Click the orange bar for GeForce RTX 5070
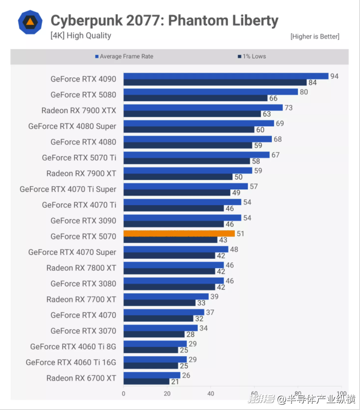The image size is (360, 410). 179,233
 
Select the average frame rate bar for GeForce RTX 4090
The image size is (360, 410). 226,76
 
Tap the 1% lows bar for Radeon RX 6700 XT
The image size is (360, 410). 147,381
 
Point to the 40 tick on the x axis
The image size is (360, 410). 211,394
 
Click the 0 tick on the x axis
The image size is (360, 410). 124,394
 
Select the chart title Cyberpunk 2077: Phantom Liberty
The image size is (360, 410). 164,21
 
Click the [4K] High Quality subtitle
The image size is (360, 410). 81,35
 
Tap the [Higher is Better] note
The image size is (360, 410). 315,37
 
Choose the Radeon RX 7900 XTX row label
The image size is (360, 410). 79,111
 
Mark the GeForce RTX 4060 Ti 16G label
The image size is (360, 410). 71,362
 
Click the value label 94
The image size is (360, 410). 334,76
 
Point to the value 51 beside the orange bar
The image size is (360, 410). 240,234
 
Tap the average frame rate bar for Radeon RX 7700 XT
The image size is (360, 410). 166,296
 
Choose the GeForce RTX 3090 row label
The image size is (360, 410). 83,221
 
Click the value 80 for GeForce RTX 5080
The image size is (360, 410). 304,92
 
